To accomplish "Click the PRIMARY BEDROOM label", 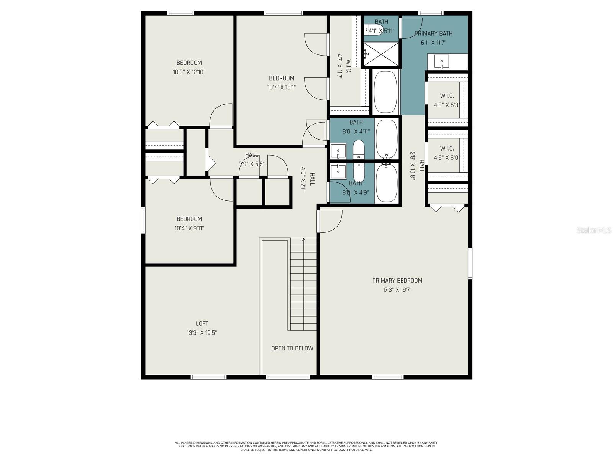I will [x=397, y=281].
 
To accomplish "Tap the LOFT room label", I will [x=202, y=324].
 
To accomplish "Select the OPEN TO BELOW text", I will [x=292, y=348].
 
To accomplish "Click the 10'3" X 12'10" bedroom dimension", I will [x=189, y=72].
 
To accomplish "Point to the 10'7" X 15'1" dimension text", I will [x=281, y=87].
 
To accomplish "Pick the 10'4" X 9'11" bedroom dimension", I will [x=189, y=228].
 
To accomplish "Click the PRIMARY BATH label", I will [x=433, y=34].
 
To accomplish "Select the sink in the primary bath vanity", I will [x=442, y=61].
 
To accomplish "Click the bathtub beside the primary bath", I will [x=385, y=92].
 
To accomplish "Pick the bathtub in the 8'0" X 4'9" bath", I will [x=387, y=182].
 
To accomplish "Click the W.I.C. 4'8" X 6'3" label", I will [x=447, y=100].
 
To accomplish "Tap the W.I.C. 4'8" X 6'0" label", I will [x=447, y=153].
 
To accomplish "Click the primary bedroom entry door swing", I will [x=330, y=222].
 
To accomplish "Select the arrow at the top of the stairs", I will [x=304, y=240].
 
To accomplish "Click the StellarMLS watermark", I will [x=594, y=230].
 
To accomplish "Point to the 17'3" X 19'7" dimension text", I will [x=397, y=290].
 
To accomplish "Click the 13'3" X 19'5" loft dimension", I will [x=202, y=333].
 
